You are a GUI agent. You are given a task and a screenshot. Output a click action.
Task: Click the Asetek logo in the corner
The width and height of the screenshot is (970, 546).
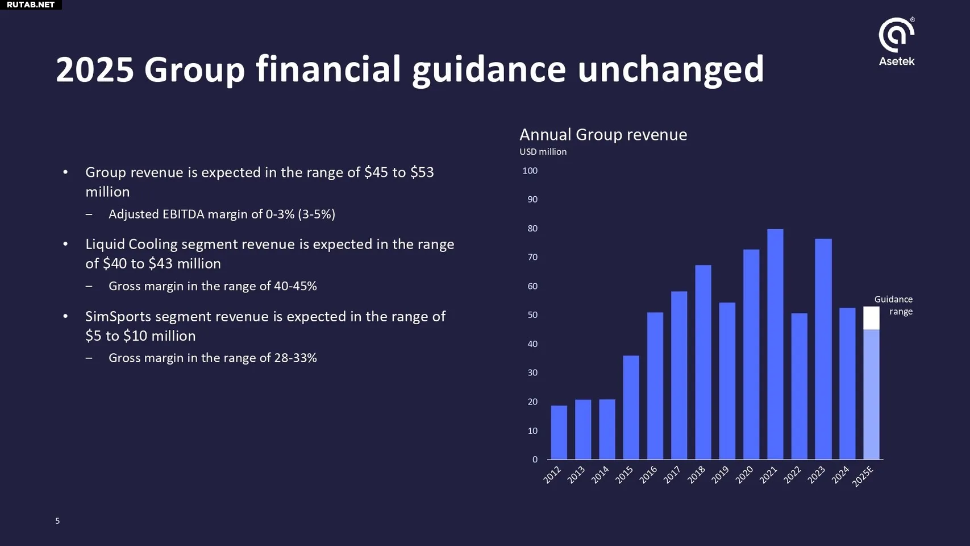[896, 42]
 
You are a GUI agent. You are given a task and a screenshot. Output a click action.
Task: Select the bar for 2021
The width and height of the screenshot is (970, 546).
[775, 344]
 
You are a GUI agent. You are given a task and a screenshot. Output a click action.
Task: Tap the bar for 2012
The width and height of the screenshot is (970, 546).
[559, 432]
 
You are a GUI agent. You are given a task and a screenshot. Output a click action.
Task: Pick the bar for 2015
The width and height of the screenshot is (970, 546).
[631, 407]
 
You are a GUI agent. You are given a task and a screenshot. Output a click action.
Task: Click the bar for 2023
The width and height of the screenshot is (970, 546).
[823, 349]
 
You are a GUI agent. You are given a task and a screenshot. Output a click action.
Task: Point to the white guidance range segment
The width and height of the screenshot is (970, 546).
[871, 318]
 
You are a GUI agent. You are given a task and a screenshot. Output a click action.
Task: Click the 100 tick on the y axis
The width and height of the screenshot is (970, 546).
[530, 171]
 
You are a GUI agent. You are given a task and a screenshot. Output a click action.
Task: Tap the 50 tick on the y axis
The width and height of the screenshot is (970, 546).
[532, 315]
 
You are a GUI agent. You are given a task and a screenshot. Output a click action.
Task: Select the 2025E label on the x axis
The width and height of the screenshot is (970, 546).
[863, 477]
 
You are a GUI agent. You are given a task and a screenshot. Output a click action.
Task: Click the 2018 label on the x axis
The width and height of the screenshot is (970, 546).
[696, 475]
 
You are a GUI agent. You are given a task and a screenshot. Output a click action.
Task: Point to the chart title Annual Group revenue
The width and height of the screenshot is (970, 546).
[603, 135]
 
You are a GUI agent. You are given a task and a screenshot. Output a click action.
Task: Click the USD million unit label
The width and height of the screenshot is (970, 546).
[543, 152]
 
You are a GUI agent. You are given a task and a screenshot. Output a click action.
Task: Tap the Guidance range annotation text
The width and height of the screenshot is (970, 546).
[893, 305]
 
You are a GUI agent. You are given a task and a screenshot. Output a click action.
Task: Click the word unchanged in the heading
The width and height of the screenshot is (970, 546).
[671, 70]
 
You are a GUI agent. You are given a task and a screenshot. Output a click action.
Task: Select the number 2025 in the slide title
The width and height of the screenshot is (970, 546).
[95, 70]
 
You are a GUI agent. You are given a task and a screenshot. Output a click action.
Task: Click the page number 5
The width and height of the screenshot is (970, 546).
[57, 521]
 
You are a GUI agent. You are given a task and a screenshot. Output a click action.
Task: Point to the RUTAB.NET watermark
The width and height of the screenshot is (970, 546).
[31, 5]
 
